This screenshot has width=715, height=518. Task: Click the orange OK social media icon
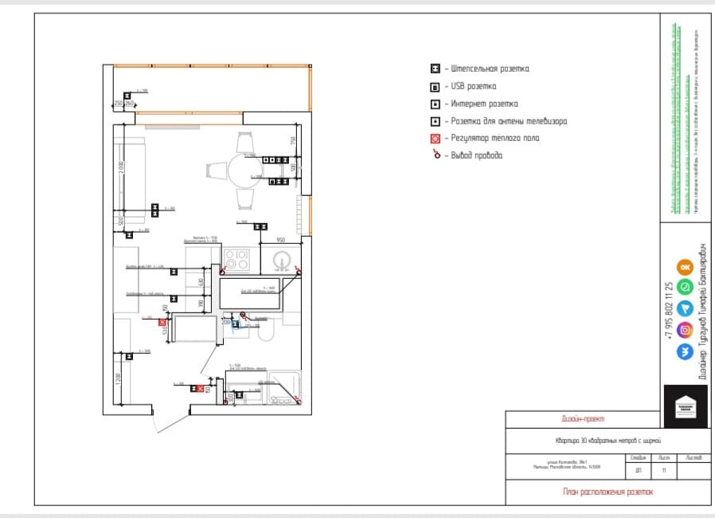click(x=684, y=268)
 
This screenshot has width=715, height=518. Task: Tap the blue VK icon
click(x=684, y=351)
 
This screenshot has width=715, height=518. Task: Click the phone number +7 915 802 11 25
click(x=669, y=312)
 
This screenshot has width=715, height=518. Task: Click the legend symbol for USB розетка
click(x=436, y=86)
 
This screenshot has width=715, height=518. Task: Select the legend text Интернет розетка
click(x=486, y=104)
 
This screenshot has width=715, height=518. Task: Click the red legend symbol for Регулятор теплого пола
click(x=436, y=139)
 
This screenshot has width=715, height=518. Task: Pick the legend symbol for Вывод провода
click(x=436, y=155)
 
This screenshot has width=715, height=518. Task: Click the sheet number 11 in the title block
click(x=663, y=471)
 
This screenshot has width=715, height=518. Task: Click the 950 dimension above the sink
click(x=280, y=240)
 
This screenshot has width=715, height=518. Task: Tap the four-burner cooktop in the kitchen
click(x=236, y=259)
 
